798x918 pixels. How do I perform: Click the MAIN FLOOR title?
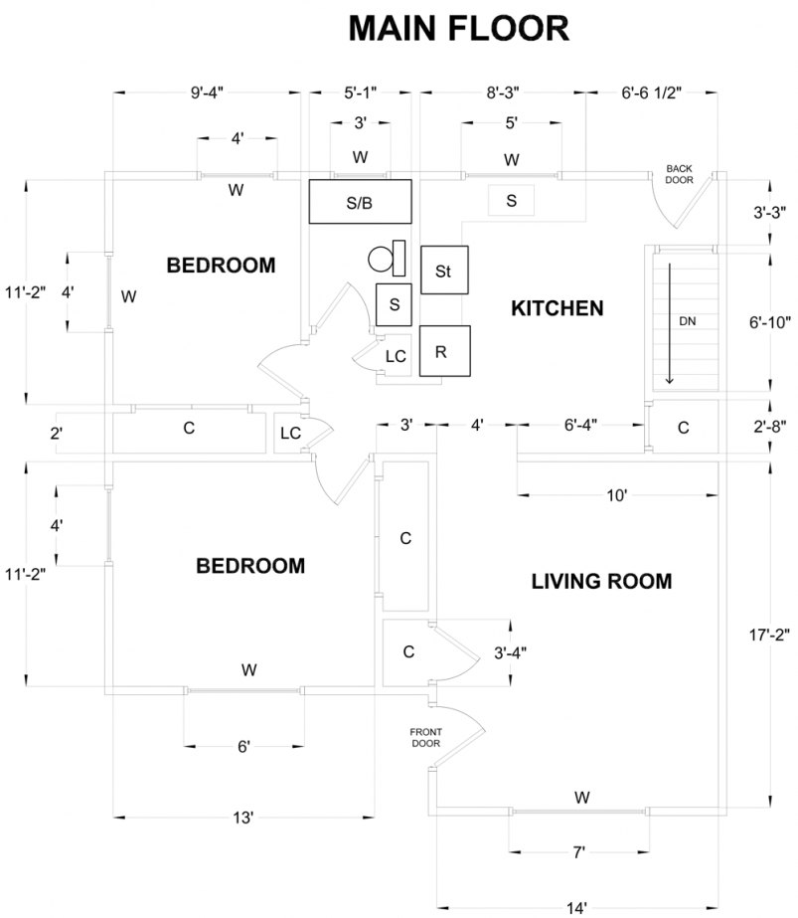(x=458, y=29)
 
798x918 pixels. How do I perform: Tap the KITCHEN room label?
(x=557, y=308)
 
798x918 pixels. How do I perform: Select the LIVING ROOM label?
(x=601, y=581)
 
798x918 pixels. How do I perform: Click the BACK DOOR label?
(x=679, y=174)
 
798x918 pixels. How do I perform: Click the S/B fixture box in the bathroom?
(x=359, y=203)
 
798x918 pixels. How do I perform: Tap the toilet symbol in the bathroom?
(x=386, y=259)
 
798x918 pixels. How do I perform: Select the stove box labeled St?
(x=444, y=271)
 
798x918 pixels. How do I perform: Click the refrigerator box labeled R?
(x=443, y=351)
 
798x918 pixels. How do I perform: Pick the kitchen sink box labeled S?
(x=512, y=201)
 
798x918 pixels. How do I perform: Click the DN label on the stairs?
(x=687, y=321)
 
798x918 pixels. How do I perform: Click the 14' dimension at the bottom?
(x=576, y=907)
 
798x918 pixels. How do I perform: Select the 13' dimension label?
(x=243, y=818)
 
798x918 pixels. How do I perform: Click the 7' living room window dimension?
(x=578, y=851)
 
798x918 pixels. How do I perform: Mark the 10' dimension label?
(x=616, y=494)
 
